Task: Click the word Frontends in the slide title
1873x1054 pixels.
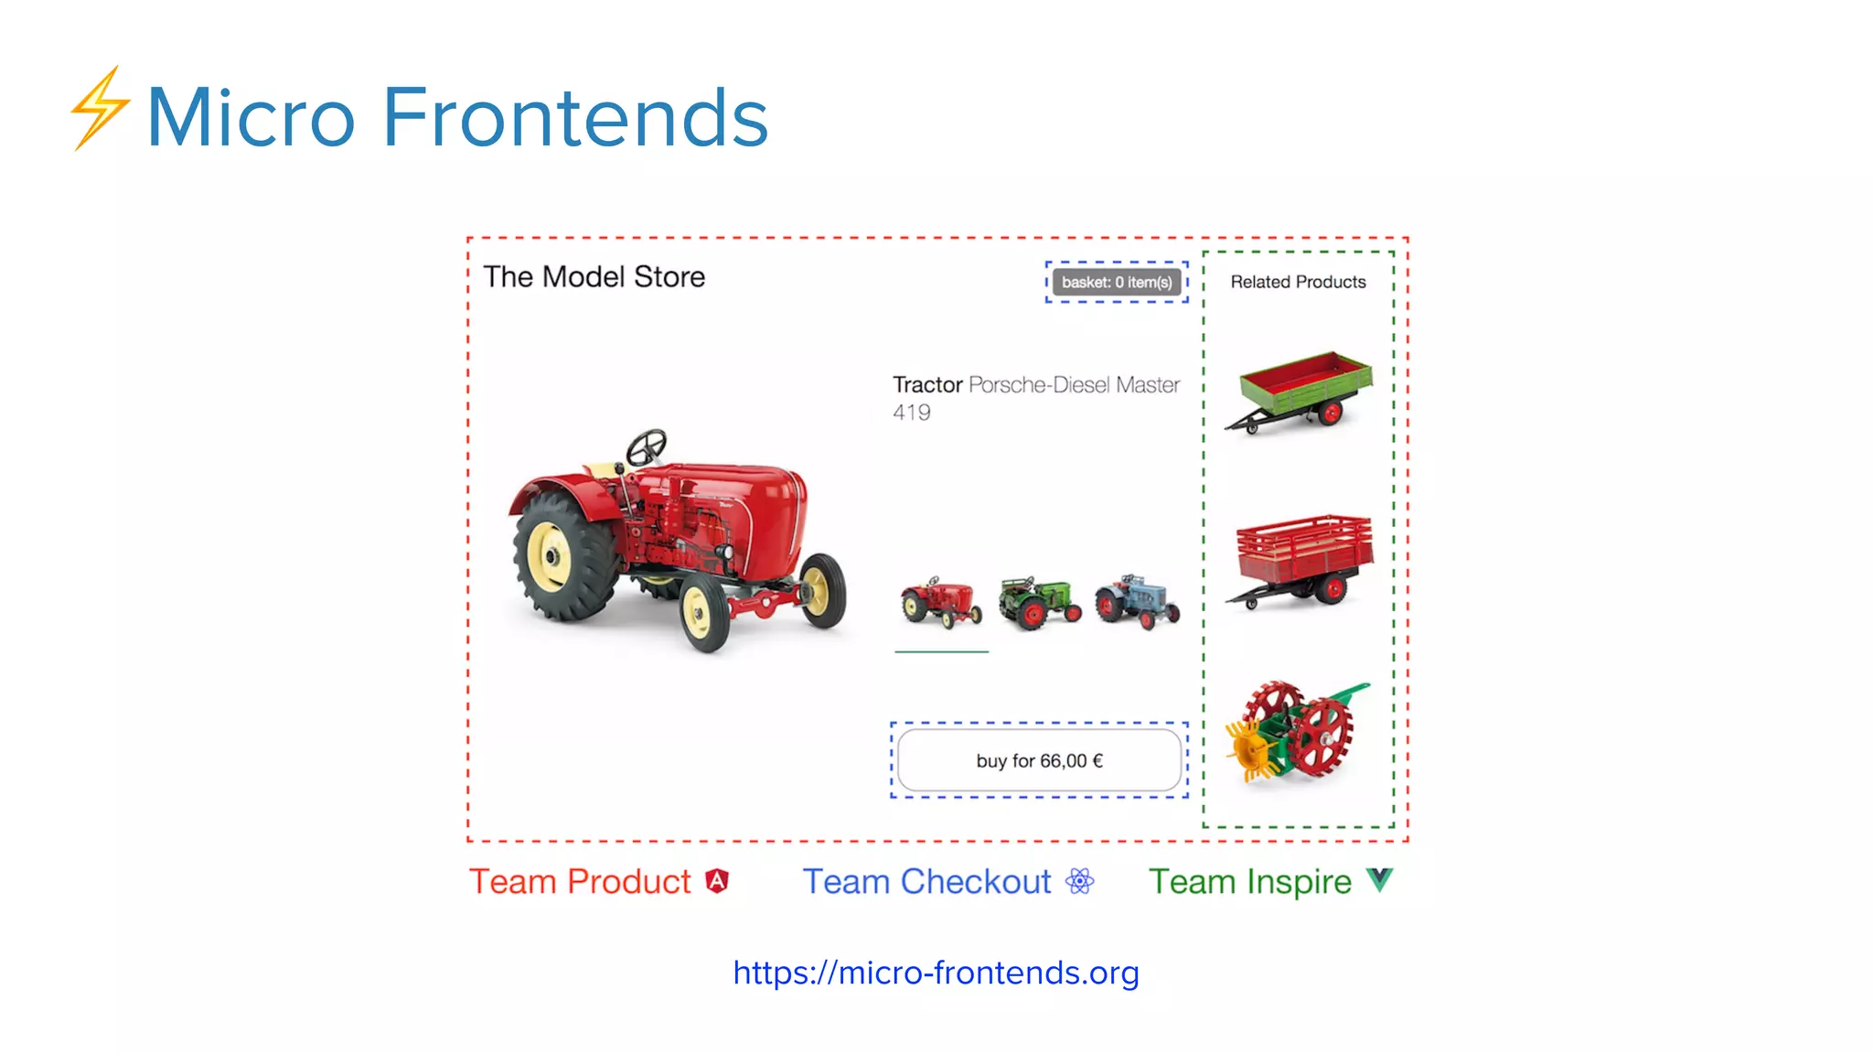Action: pos(575,117)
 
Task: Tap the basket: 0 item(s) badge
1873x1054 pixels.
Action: pos(1117,283)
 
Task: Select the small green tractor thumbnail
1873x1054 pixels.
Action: pos(1039,602)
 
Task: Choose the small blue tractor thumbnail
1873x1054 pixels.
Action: pos(1138,602)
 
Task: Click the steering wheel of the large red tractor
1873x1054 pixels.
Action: pos(647,447)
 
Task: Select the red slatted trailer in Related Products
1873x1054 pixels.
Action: pos(1302,559)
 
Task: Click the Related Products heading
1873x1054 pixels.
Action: pos(1298,283)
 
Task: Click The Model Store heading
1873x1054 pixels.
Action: pos(594,277)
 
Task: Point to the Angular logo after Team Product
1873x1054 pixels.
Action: pos(718,881)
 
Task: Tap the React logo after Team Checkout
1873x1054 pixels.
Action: pos(1080,881)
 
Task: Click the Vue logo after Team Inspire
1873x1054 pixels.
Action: pos(1380,880)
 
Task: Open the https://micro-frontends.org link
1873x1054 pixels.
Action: pos(936,973)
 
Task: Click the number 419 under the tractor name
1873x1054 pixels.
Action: pos(912,413)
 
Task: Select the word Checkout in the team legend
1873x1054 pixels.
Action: pos(976,882)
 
